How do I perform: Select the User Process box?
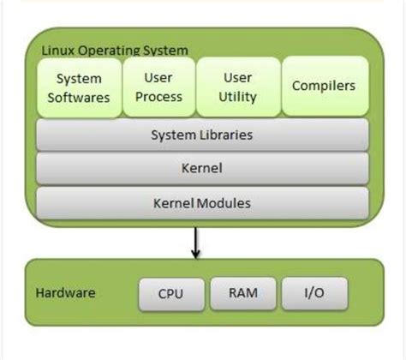158,87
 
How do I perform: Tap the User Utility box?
237,87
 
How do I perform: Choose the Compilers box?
323,87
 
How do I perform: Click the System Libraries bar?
201,135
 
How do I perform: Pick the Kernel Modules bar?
201,203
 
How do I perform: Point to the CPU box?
170,293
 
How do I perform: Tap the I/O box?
313,293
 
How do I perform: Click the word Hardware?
65,293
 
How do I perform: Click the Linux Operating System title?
115,51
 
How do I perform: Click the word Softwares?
78,97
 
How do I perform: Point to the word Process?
158,97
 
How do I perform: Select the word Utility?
237,97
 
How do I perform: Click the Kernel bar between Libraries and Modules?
201,169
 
